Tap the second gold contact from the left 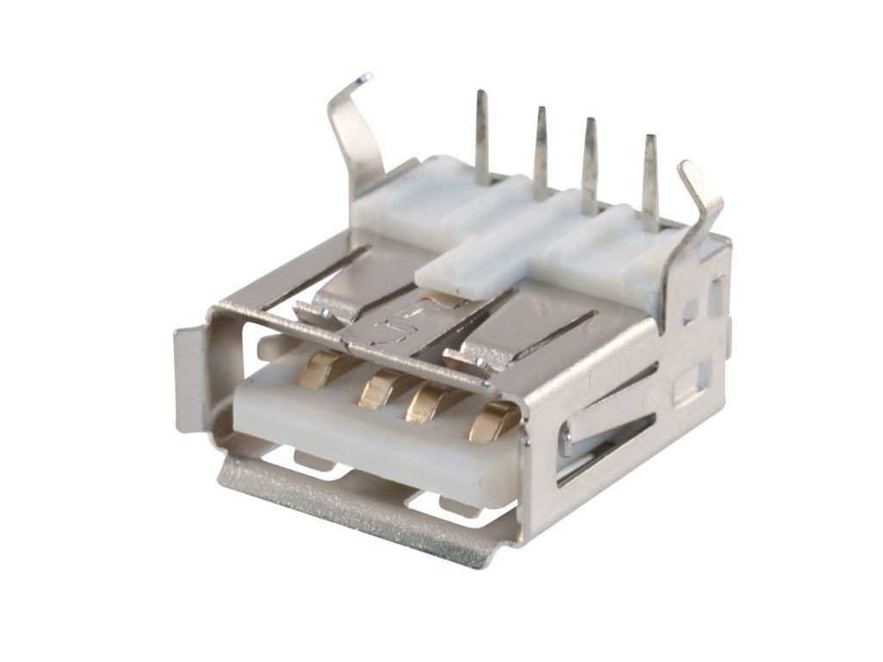376,390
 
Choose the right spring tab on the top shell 474,353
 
